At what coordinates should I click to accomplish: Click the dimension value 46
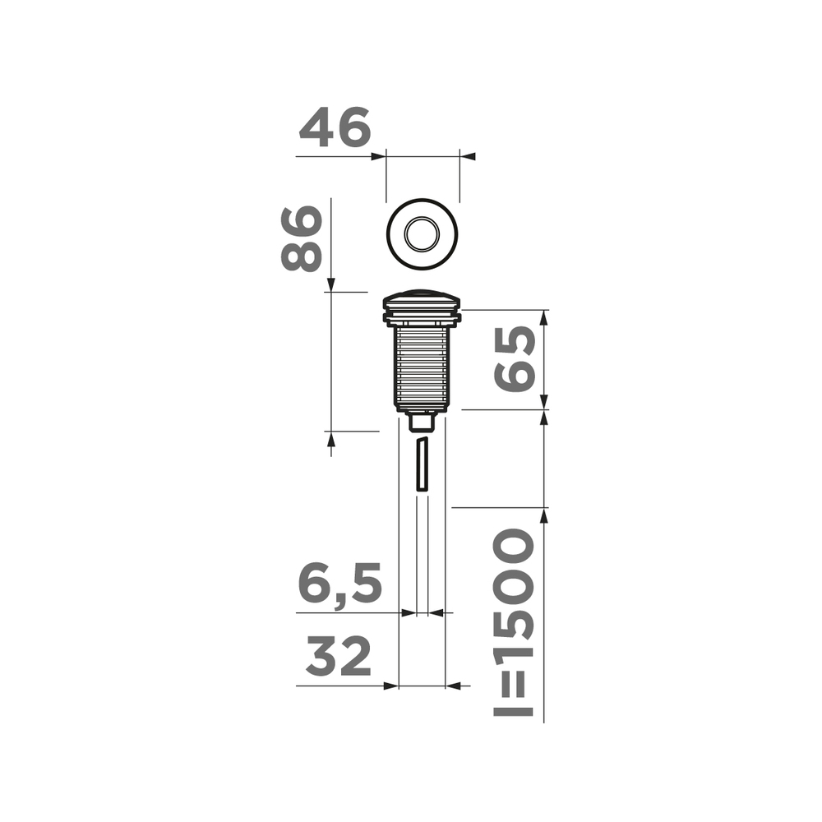click(x=335, y=129)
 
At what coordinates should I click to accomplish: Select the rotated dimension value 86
click(x=301, y=238)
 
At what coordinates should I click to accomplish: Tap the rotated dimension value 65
click(x=515, y=359)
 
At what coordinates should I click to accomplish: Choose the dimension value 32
click(x=339, y=658)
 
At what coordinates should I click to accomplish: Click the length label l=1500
click(x=515, y=623)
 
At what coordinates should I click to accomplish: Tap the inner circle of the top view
click(x=423, y=233)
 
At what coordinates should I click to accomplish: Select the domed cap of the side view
click(x=423, y=296)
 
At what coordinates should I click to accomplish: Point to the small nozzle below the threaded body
click(x=422, y=422)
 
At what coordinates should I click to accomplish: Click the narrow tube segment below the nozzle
click(x=422, y=465)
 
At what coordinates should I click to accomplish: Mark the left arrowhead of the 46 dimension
click(x=380, y=156)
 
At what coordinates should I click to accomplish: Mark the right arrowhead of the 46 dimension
click(x=466, y=156)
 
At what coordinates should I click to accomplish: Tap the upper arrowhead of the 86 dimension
click(x=330, y=284)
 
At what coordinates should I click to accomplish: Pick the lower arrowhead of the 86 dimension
click(x=330, y=439)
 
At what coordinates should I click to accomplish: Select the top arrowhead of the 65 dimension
click(x=543, y=317)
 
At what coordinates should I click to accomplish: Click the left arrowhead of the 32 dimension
click(x=391, y=686)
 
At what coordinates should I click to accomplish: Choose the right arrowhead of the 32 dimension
click(x=453, y=686)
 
